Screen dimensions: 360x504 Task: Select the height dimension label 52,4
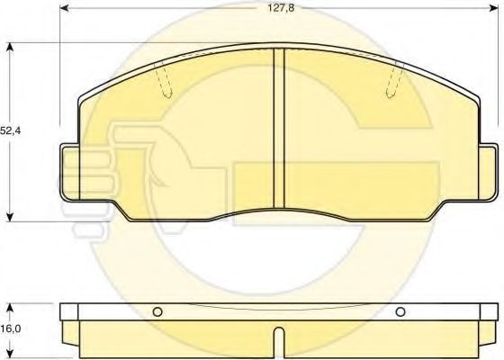pos(11,130)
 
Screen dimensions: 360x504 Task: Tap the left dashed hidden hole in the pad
pos(164,81)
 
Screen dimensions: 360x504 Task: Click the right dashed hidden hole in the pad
pos(394,81)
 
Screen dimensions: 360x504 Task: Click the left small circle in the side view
pos(157,312)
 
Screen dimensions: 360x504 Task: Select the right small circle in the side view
pos(400,312)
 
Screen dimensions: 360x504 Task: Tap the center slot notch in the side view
pos(279,342)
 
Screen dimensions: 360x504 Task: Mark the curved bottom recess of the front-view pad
pos(279,212)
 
